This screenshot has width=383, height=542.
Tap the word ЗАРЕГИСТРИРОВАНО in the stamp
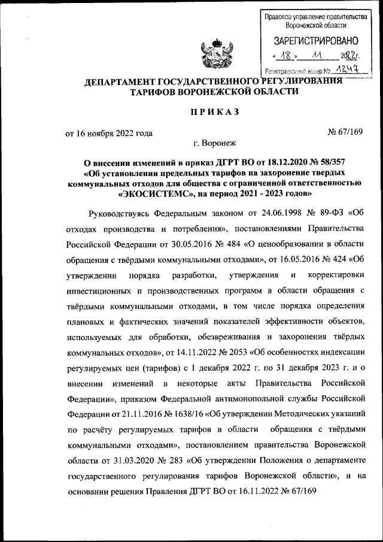[316, 41]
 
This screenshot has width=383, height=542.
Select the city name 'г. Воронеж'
[214, 144]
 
